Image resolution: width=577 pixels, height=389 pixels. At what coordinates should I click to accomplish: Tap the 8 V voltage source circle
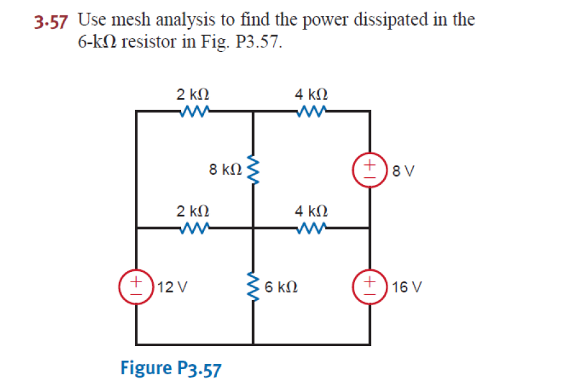tap(369, 170)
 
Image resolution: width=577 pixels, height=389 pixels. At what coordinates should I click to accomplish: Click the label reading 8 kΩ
tap(225, 170)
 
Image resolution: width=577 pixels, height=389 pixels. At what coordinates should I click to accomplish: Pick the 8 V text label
tap(404, 171)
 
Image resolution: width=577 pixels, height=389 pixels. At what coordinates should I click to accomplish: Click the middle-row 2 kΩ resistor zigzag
tap(193, 228)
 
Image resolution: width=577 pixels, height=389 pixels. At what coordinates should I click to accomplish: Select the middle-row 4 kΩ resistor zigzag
tap(311, 228)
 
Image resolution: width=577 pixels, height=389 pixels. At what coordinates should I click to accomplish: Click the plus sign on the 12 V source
tap(136, 281)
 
